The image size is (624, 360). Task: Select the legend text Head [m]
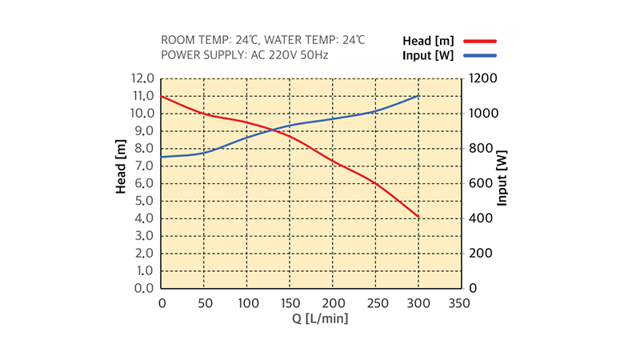coord(429,40)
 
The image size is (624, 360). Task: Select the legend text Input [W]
coord(428,55)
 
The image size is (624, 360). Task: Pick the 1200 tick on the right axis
coord(483,78)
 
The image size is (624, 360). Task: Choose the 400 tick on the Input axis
coord(480,218)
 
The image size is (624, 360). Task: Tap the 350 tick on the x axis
coord(459,303)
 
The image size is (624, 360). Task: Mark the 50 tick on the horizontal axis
coord(204,303)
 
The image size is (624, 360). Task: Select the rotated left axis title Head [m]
coord(122,166)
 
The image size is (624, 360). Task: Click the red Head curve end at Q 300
coord(418,217)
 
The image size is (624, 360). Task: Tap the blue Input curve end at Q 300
coord(418,96)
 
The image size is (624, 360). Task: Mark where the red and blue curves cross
coord(270,130)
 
